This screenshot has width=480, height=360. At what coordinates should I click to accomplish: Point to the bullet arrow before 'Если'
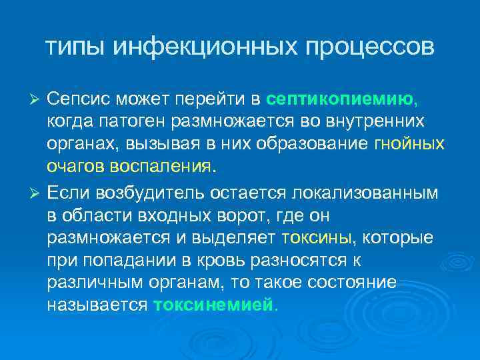37,195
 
